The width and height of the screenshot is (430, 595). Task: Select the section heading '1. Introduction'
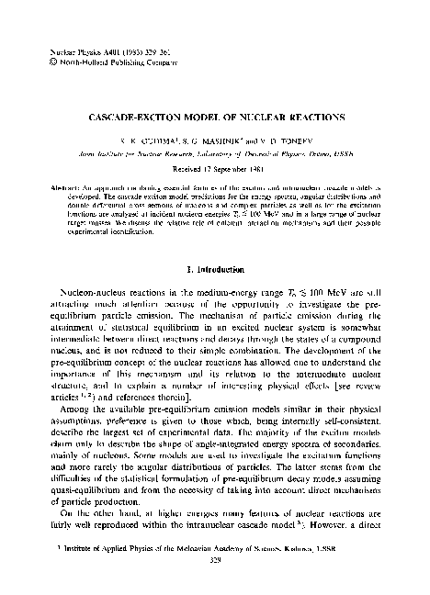pos(216,270)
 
